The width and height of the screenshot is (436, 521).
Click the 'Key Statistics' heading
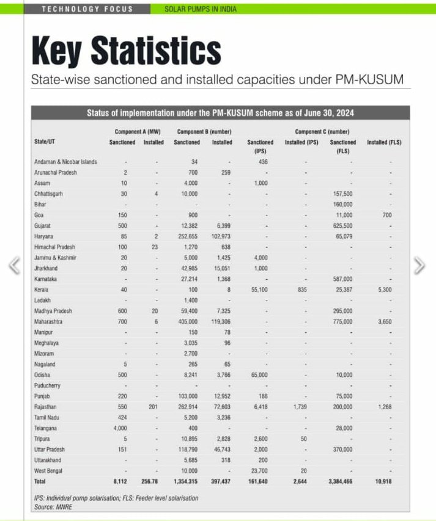tap(126, 49)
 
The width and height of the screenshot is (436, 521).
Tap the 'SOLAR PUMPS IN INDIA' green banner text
tap(201, 9)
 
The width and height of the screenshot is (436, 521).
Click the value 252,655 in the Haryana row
tap(188, 236)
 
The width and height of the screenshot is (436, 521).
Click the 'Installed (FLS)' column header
tap(383, 142)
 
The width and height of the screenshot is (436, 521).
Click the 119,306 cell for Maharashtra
tap(221, 321)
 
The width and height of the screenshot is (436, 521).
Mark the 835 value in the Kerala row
tap(301, 289)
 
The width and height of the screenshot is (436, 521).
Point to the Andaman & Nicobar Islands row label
tap(65, 161)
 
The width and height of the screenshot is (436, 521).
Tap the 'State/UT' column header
tap(46, 142)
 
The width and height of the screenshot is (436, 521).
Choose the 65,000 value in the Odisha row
tap(260, 375)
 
